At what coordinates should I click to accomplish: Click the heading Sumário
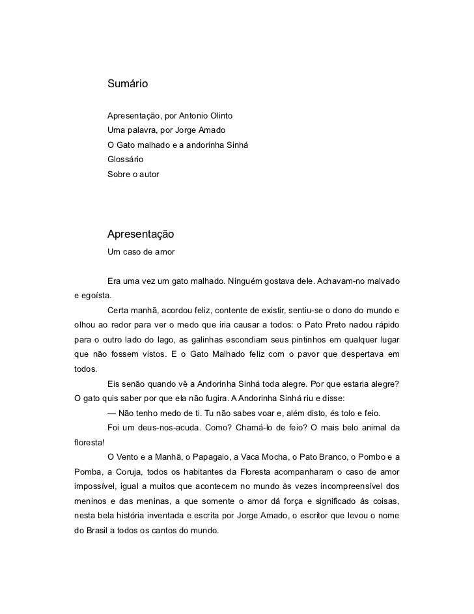(x=128, y=84)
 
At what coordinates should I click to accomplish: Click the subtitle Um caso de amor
(x=141, y=251)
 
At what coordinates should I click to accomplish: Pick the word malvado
(x=383, y=281)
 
